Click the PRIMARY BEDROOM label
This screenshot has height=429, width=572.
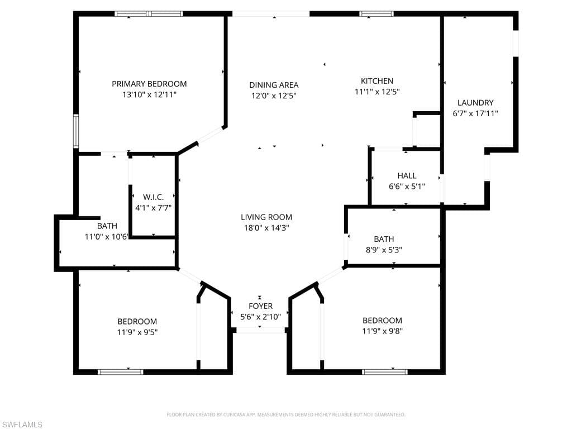(149, 84)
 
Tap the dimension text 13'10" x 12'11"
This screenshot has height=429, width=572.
(149, 95)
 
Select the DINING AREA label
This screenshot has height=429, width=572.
(274, 85)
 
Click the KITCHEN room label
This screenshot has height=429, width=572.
(377, 81)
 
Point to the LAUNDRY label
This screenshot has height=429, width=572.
(475, 103)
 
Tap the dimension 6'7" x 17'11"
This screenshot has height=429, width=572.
(475, 113)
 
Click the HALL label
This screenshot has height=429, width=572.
(407, 176)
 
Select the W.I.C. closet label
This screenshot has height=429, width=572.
(153, 197)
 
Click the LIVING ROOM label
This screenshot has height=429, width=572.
(266, 217)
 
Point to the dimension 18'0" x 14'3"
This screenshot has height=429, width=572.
(266, 228)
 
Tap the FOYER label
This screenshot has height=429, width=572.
(260, 306)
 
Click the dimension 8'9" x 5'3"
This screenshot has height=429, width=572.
(384, 250)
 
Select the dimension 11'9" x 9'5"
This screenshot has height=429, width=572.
(137, 332)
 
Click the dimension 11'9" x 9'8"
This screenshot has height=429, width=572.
(382, 331)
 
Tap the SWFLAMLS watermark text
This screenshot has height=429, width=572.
(21, 425)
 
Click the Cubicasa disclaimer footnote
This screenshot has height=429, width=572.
(286, 415)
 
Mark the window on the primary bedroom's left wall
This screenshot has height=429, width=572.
(76, 131)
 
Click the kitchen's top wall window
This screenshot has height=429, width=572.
(376, 14)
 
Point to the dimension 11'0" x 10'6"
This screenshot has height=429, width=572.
(107, 237)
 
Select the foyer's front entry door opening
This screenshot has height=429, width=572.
(260, 330)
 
